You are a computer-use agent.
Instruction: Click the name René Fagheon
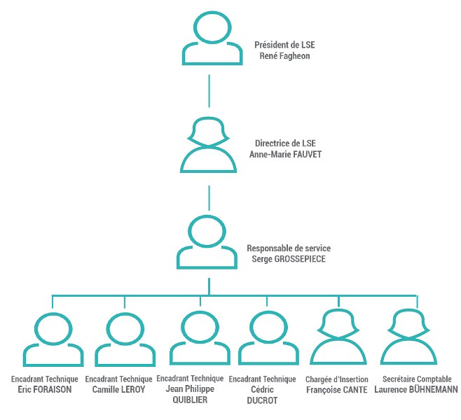284,56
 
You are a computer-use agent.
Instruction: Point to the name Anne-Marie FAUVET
285,154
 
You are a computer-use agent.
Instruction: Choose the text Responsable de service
289,248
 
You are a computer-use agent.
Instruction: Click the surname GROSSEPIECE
300,259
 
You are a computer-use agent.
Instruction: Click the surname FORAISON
53,389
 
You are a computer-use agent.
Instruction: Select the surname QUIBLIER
190,400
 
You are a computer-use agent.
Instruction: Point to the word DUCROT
262,400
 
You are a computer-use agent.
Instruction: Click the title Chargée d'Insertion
336,379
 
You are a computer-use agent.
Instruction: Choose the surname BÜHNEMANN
434,389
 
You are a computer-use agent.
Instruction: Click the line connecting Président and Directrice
209,91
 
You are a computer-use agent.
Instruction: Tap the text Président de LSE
284,45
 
